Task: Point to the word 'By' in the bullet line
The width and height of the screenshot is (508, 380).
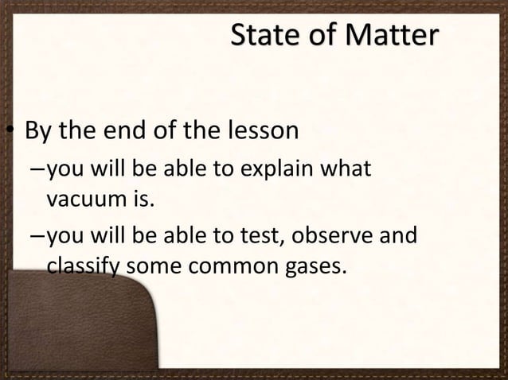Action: click(38, 130)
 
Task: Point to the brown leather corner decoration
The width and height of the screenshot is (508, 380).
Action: click(72, 334)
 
